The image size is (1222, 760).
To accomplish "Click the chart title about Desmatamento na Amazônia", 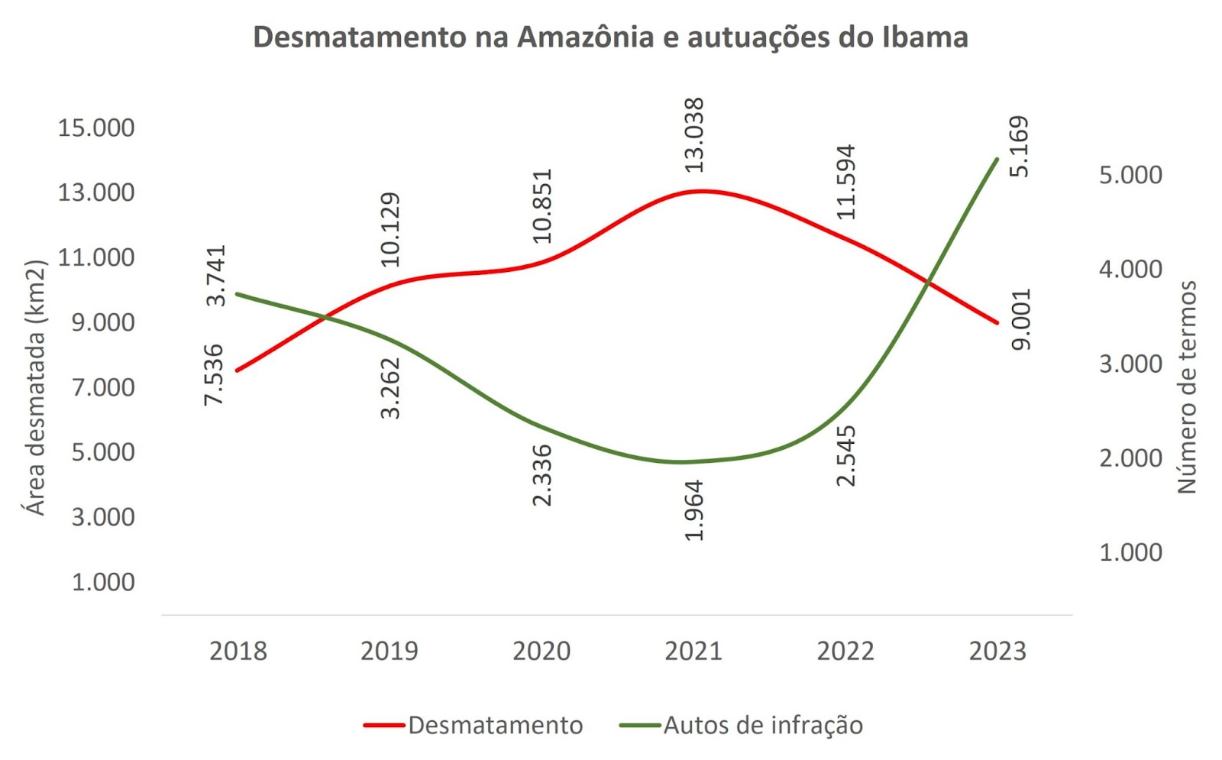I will (610, 37).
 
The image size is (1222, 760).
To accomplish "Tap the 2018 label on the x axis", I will (238, 651).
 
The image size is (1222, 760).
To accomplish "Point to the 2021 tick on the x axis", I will (693, 651).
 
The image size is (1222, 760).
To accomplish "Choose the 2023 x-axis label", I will (997, 651).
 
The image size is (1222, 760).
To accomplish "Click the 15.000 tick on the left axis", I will (96, 128).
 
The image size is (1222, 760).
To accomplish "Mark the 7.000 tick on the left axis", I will (103, 387).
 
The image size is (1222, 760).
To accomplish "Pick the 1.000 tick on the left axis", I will (103, 582).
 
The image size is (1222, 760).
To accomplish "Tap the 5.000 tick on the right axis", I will (1130, 175).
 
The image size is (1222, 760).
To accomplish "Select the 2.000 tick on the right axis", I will (1130, 458).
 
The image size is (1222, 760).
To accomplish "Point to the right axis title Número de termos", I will (1186, 387).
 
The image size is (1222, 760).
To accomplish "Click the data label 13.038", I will (693, 135).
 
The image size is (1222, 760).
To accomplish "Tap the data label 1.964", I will (693, 510).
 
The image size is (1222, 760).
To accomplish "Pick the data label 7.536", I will (215, 374).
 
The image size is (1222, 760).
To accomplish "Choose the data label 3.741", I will (217, 276).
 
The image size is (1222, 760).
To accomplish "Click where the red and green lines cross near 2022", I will (929, 282).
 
